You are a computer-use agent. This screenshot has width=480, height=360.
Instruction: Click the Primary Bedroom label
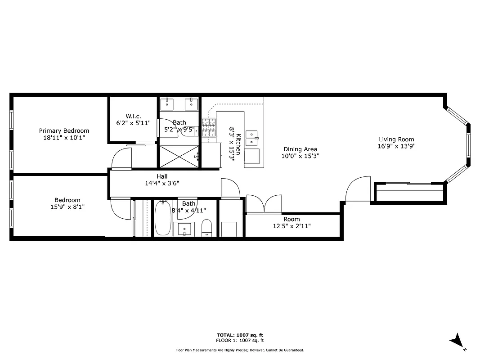coord(64,130)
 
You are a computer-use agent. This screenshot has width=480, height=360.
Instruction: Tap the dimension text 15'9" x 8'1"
coord(67,207)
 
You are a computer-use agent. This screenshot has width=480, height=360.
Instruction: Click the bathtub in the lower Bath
coord(162,219)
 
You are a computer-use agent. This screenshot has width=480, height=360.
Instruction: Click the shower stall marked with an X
coord(179,156)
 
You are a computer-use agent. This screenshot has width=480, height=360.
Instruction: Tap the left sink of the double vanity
coord(167,104)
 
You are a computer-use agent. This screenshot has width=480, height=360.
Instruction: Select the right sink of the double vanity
coord(192,104)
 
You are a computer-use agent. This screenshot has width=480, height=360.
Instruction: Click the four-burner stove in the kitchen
coord(209,127)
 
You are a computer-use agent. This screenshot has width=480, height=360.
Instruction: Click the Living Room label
coord(396,139)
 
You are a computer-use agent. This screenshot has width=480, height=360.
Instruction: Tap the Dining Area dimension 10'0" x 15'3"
coord(300,156)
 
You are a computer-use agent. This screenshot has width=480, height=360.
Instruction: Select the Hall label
coord(162,176)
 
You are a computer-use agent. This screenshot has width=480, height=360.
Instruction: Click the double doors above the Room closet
coord(264,204)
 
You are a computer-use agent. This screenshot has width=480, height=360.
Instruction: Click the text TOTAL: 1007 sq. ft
coord(240,335)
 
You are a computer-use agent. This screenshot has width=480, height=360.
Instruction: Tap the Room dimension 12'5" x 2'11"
coord(292,226)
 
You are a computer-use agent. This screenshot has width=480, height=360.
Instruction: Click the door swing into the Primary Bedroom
coord(121,159)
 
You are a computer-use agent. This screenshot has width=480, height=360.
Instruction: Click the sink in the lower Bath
coord(185,229)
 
